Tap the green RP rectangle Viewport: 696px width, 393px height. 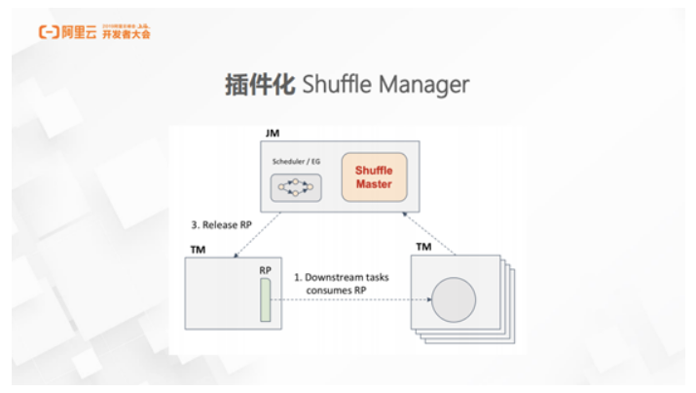pyautogui.click(x=264, y=299)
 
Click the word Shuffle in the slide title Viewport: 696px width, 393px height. pyautogui.click(x=336, y=85)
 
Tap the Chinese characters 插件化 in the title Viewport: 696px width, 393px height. pyautogui.click(x=259, y=85)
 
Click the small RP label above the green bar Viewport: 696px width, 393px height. pyautogui.click(x=264, y=268)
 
